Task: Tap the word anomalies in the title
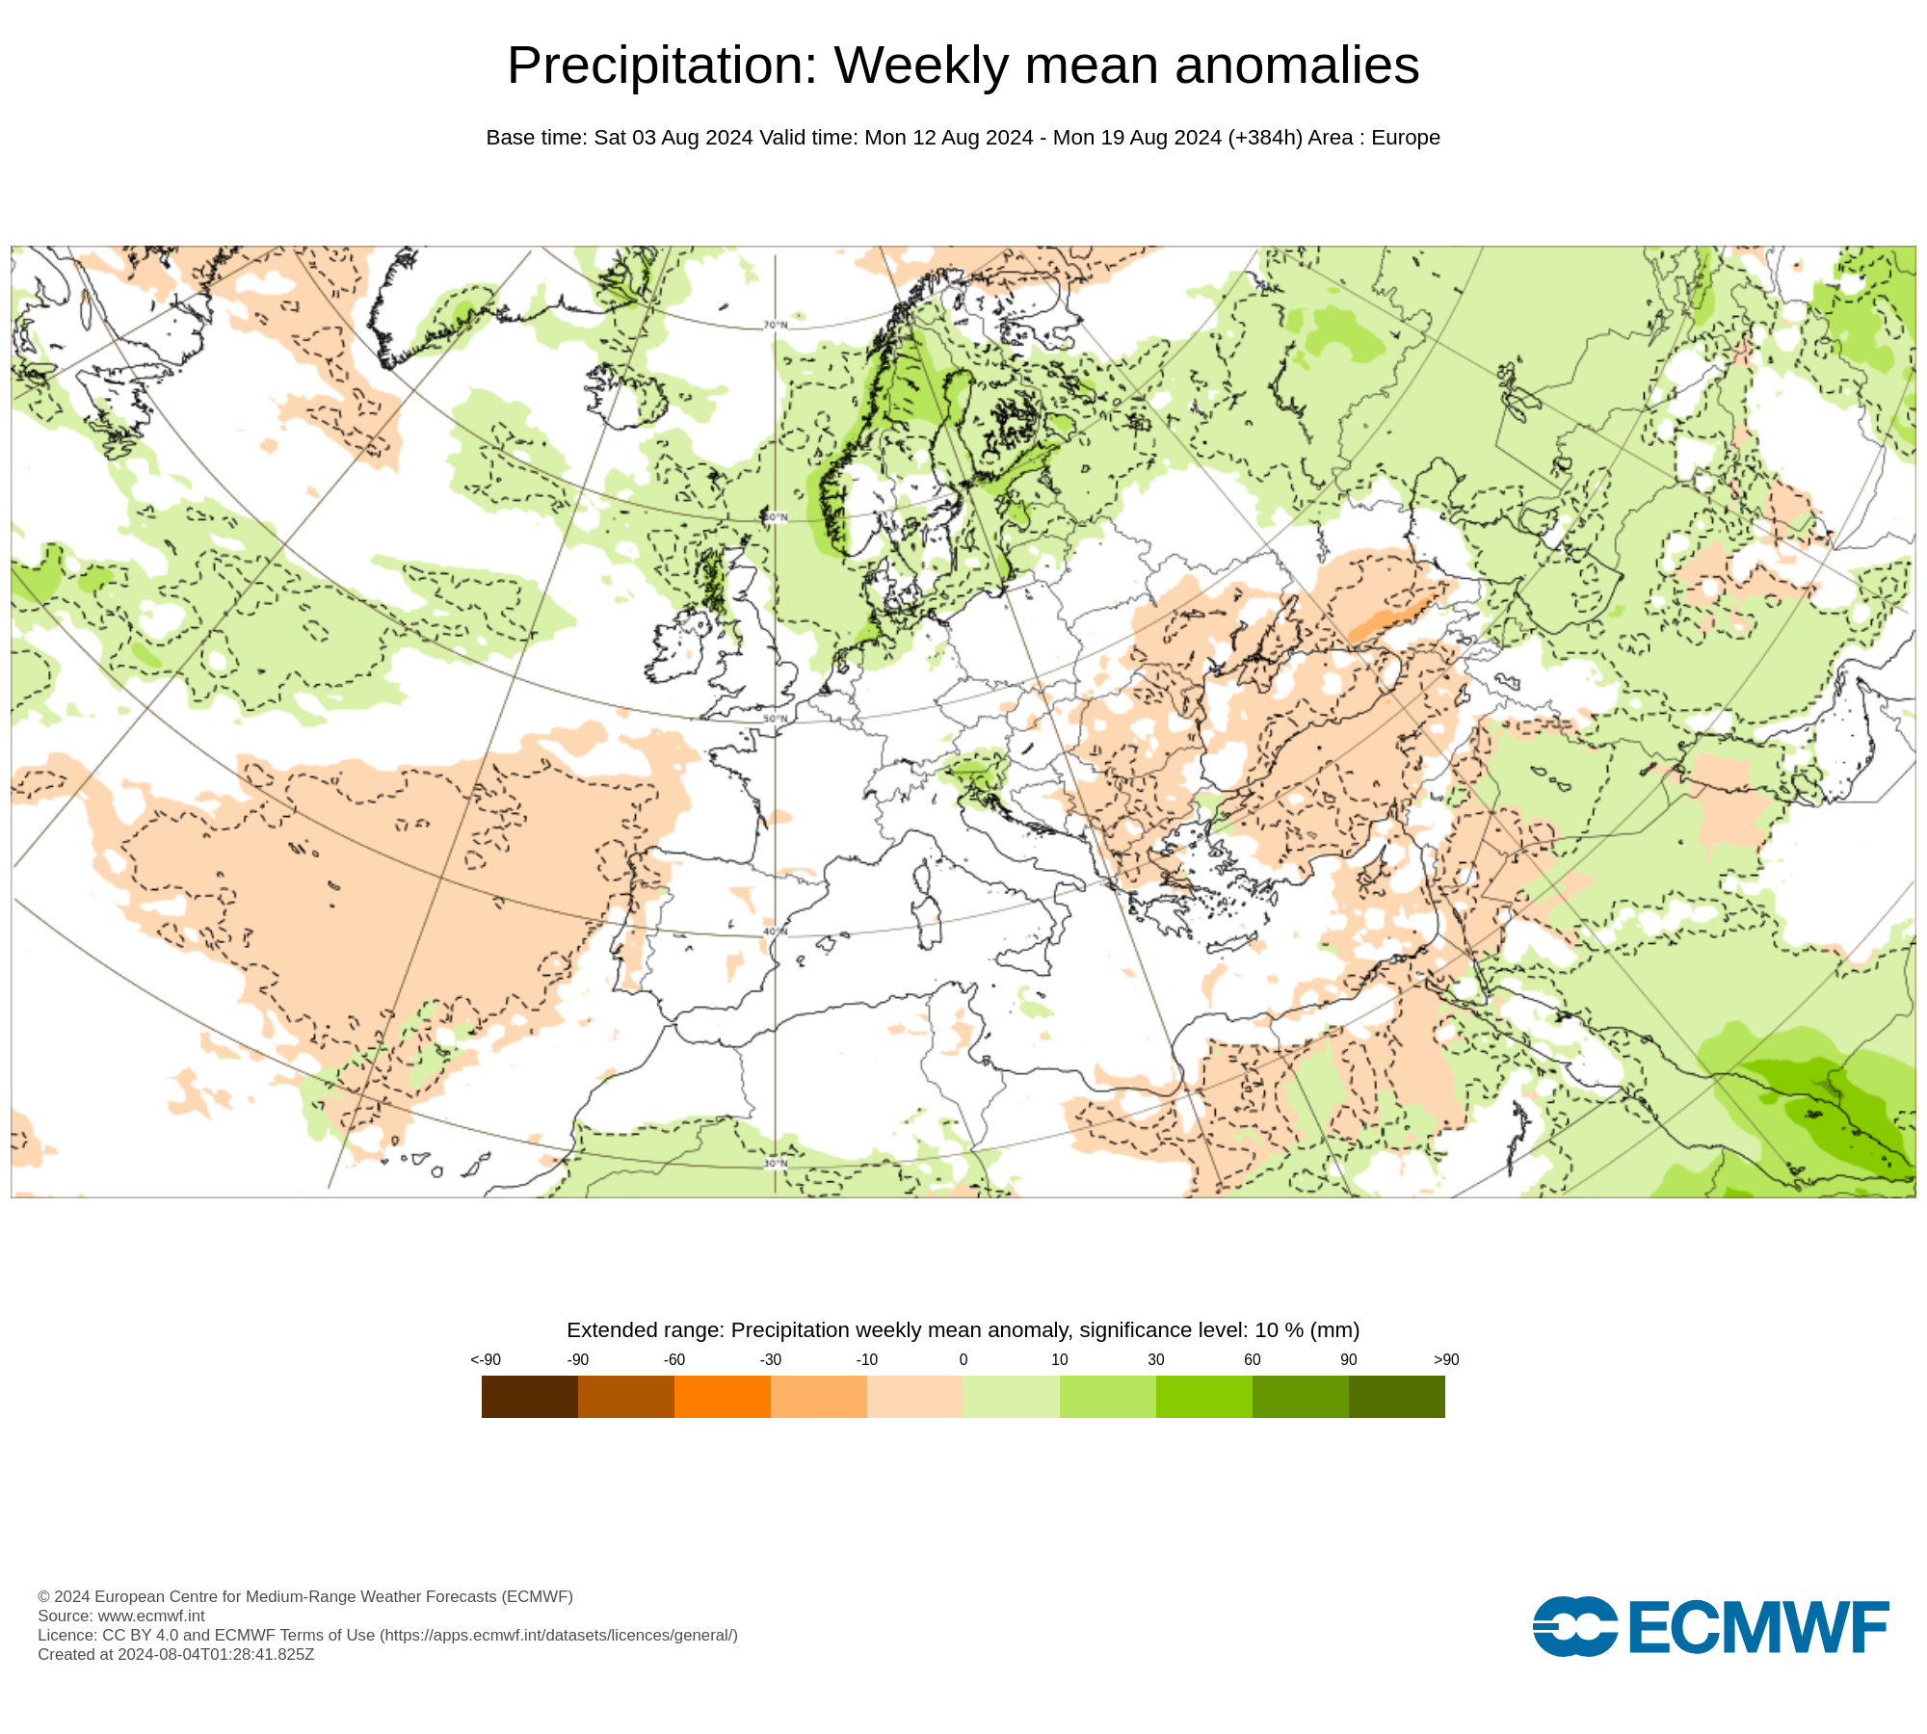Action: tap(1297, 66)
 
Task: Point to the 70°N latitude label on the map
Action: tap(776, 326)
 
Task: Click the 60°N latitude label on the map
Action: tap(776, 518)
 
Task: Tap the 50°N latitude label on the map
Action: tap(776, 720)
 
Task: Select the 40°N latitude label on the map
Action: tap(776, 932)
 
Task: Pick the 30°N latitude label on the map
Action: tap(776, 1164)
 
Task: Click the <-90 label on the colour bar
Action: tap(486, 1360)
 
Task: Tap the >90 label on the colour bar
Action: tap(1446, 1360)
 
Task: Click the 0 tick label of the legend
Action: tap(963, 1360)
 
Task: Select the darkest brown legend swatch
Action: tap(530, 1397)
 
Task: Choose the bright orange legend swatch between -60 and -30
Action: tap(723, 1397)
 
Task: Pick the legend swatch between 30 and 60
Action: tap(1204, 1397)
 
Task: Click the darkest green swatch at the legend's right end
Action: tap(1397, 1397)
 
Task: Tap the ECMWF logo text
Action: tap(1758, 1628)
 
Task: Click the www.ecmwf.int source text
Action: tap(151, 1616)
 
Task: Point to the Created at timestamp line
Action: tap(176, 1655)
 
